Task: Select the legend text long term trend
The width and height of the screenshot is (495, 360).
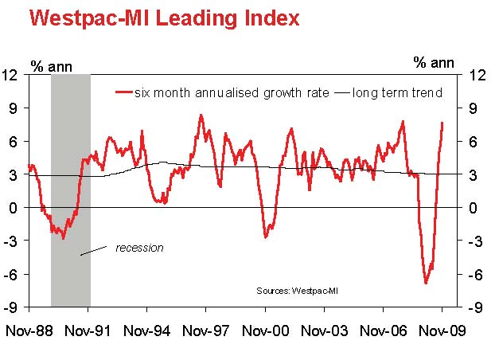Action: click(x=399, y=92)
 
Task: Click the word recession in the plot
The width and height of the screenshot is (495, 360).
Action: click(x=139, y=248)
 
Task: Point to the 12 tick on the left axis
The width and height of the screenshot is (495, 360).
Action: click(x=10, y=75)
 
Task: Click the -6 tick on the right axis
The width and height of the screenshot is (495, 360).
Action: click(x=476, y=274)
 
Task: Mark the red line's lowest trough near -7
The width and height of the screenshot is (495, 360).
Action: click(x=426, y=283)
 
